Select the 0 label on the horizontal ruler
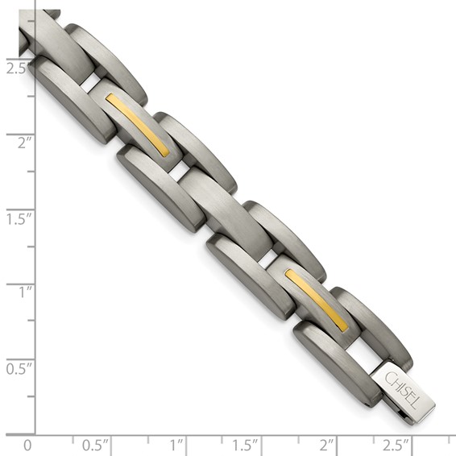28,445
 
